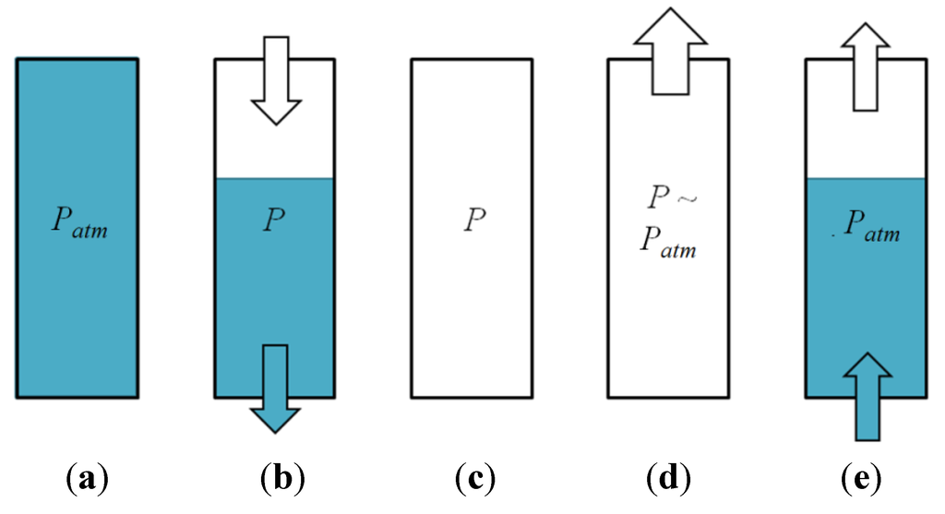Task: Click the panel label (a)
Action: pyautogui.click(x=89, y=479)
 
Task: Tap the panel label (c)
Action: pyautogui.click(x=475, y=479)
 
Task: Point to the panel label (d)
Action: pyautogui.click(x=668, y=479)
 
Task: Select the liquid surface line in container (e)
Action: pyautogui.click(x=867, y=177)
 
